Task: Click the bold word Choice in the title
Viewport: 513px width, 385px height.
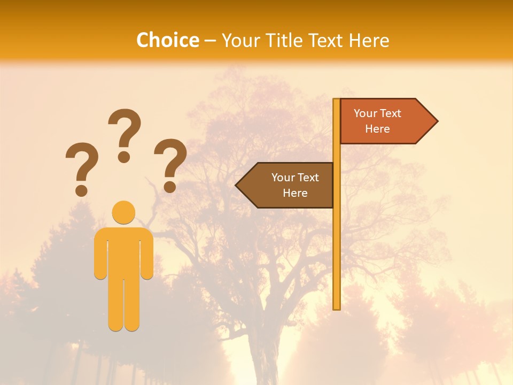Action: [167, 40]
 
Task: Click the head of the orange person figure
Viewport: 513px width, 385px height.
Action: [123, 212]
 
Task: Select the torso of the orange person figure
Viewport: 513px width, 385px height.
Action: [123, 251]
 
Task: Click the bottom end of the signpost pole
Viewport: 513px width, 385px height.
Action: [337, 307]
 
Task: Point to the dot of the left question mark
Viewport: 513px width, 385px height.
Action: [81, 190]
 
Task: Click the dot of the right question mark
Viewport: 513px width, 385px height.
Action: [170, 187]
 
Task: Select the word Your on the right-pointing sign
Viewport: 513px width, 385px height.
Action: [366, 113]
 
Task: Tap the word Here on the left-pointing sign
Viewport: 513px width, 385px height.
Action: [295, 193]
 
